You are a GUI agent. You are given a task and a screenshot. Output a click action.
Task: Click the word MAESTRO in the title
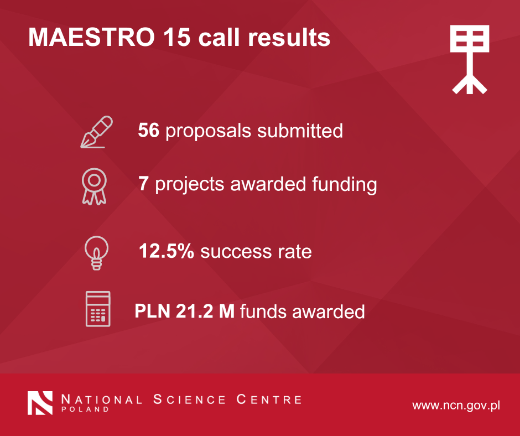pyautogui.click(x=91, y=37)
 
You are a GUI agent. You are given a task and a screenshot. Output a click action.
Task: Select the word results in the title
pyautogui.click(x=289, y=37)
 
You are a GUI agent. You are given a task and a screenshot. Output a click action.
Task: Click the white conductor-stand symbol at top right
pyautogui.click(x=469, y=60)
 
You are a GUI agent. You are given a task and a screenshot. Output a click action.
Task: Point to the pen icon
pyautogui.click(x=96, y=132)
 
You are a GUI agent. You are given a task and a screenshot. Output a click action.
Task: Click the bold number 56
pyautogui.click(x=149, y=130)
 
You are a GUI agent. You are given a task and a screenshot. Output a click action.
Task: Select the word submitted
pyautogui.click(x=300, y=130)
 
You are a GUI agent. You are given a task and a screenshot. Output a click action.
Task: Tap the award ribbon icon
pyautogui.click(x=94, y=186)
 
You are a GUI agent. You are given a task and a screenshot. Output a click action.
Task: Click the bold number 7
pyautogui.click(x=143, y=184)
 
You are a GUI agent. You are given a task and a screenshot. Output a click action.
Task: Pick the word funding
pyautogui.click(x=344, y=184)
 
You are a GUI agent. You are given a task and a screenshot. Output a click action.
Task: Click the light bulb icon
pyautogui.click(x=96, y=253)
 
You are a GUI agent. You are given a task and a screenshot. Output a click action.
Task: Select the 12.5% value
pyautogui.click(x=167, y=251)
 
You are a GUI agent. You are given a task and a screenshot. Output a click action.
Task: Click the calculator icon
pyautogui.click(x=98, y=309)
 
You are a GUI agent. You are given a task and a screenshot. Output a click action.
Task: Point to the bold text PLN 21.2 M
pyautogui.click(x=184, y=312)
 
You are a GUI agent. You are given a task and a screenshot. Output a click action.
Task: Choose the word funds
pyautogui.click(x=263, y=312)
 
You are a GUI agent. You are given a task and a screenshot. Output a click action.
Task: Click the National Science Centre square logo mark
pyautogui.click(x=40, y=403)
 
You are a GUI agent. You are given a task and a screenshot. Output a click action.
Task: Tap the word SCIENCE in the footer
pyautogui.click(x=189, y=399)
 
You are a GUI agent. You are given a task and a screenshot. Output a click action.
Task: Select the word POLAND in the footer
pyautogui.click(x=85, y=409)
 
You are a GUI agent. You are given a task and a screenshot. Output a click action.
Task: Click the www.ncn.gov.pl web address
pyautogui.click(x=456, y=406)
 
